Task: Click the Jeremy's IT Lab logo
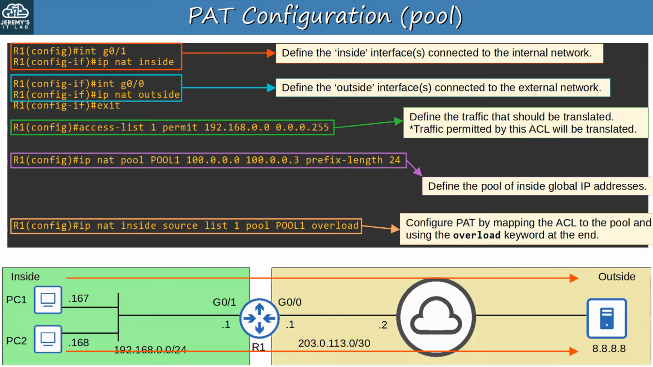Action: coord(16,16)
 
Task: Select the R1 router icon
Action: coord(259,318)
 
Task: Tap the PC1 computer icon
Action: coord(48,299)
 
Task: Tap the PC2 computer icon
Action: coord(48,339)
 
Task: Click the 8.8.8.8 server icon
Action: coord(607,318)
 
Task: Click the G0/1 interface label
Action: coord(224,302)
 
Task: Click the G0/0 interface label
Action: coord(290,302)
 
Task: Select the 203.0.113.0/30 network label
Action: coord(334,343)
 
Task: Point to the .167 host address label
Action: coord(78,298)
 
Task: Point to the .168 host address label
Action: coord(78,343)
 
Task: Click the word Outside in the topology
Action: coord(616,277)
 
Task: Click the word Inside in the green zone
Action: coord(25,277)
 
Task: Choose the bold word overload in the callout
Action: coord(477,235)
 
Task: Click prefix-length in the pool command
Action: coord(344,160)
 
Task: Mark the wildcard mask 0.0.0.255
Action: coord(302,127)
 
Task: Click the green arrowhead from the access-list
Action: coord(399,121)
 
